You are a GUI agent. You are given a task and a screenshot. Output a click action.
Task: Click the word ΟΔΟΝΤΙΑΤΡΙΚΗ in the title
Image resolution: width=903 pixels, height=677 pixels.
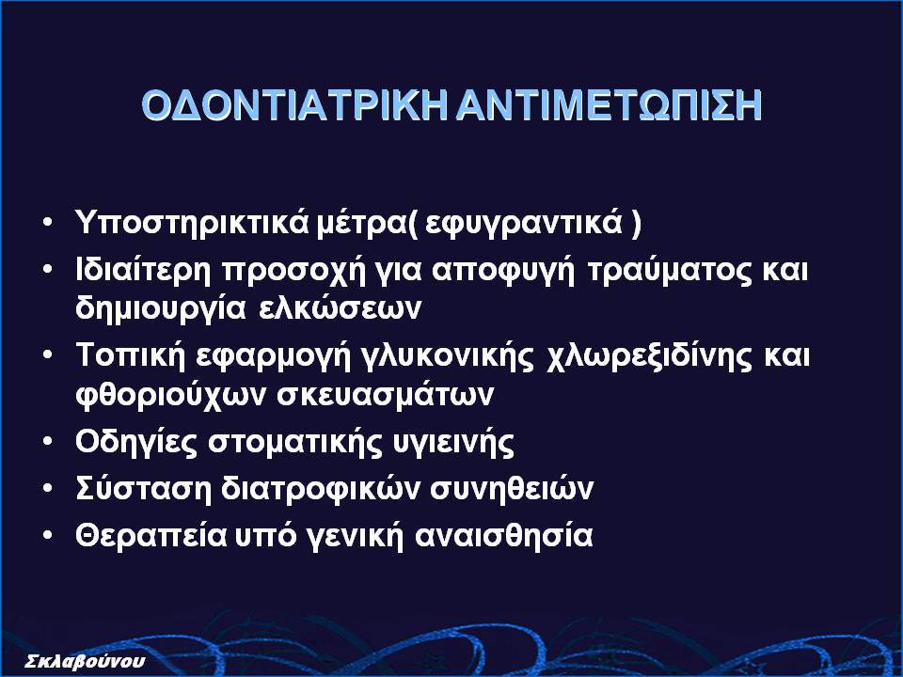[294, 105]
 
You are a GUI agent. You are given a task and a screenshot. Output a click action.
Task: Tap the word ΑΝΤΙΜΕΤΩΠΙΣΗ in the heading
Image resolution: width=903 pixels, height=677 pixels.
[609, 105]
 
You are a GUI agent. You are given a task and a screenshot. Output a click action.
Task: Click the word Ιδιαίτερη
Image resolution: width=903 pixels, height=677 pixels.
[143, 271]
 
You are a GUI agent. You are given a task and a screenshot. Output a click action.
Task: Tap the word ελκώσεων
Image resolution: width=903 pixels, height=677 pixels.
[340, 308]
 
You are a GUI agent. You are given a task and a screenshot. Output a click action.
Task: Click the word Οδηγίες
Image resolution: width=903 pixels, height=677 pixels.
[135, 443]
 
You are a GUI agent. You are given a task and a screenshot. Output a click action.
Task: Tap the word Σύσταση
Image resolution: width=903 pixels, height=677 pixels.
[143, 489]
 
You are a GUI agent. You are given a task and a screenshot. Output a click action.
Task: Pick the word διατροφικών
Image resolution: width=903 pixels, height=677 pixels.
[321, 489]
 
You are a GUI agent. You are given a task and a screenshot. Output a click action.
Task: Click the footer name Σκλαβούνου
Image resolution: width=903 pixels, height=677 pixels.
[86, 661]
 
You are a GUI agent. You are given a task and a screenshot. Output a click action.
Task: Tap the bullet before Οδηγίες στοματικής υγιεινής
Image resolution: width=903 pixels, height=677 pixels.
[47, 442]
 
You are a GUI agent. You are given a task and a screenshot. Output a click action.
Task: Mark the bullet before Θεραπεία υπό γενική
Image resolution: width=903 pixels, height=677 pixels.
[47, 535]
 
